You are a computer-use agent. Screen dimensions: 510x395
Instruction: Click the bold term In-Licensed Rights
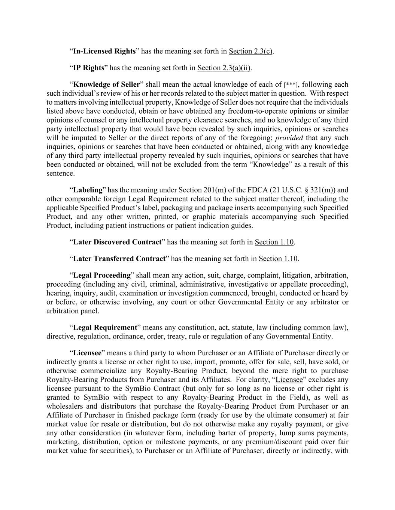104,51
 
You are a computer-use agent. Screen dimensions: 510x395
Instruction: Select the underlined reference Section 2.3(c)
250,51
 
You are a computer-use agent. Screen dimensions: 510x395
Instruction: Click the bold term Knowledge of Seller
106,84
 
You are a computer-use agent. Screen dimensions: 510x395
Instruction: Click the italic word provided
289,138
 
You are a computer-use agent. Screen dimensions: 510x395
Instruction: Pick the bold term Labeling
88,190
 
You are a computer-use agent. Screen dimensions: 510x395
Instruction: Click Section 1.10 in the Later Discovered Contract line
274,242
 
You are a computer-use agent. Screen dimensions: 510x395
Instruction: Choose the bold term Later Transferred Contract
119,259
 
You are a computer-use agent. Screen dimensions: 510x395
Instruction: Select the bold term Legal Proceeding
102,275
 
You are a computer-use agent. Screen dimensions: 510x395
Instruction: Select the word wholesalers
65,407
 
